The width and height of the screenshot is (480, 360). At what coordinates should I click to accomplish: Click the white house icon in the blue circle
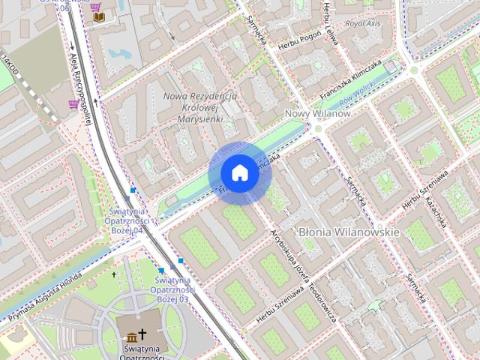click(x=239, y=173)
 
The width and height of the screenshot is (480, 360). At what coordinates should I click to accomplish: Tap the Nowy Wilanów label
click(x=317, y=113)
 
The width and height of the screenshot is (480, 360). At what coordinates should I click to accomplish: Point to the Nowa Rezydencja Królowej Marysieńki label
click(x=200, y=106)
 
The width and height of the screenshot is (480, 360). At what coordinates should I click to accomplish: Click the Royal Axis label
click(x=363, y=24)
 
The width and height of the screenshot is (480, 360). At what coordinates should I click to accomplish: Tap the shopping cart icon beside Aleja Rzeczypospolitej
click(x=73, y=104)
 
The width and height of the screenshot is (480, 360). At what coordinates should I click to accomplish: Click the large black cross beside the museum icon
click(x=142, y=334)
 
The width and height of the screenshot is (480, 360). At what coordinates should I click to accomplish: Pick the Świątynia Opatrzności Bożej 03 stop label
click(x=173, y=289)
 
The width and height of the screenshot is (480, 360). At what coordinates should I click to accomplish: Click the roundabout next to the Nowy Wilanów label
click(x=317, y=128)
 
